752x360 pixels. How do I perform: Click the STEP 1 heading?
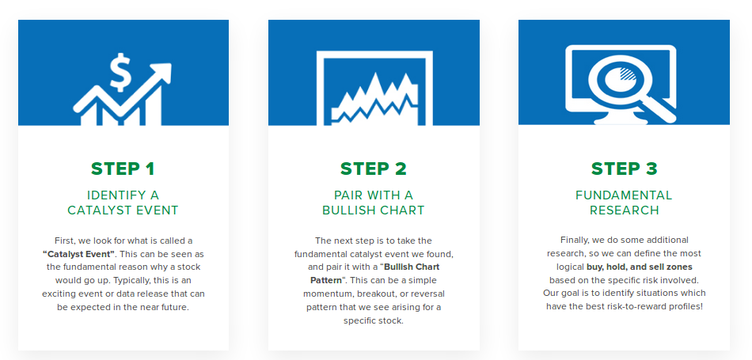[x=123, y=169]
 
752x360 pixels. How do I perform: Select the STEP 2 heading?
[x=373, y=169]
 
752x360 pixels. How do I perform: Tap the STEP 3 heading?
[x=624, y=169]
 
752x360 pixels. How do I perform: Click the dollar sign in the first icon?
[x=120, y=73]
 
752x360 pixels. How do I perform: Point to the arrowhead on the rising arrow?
[x=161, y=72]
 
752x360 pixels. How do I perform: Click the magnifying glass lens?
[x=618, y=79]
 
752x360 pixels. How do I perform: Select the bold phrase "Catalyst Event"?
[x=78, y=253]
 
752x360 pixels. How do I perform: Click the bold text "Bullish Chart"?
[x=412, y=267]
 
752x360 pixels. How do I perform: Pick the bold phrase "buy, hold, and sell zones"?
[x=640, y=267]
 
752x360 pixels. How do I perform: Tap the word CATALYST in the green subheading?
[x=93, y=210]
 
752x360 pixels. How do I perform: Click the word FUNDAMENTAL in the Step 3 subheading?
[x=624, y=195]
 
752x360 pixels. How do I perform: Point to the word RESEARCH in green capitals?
[x=624, y=210]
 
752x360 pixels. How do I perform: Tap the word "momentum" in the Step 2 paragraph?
[x=326, y=294]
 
